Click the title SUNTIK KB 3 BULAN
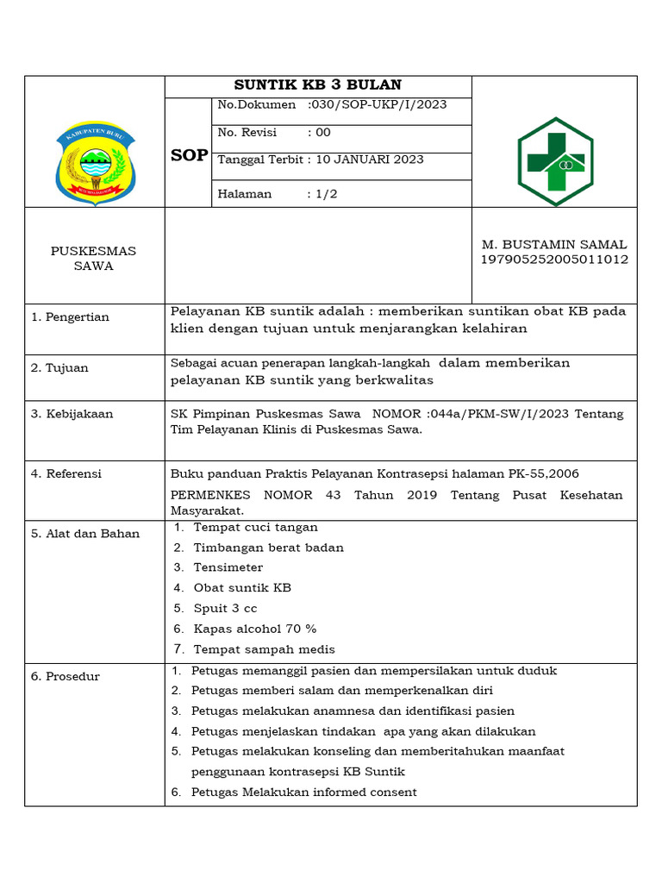pyautogui.click(x=318, y=85)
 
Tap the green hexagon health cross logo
pyautogui.click(x=555, y=161)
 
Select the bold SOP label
pyautogui.click(x=189, y=155)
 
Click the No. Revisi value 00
pyautogui.click(x=322, y=133)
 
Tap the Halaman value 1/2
pyautogui.click(x=326, y=194)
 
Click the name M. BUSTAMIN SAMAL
pyautogui.click(x=554, y=245)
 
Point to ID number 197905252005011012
pyautogui.click(x=554, y=260)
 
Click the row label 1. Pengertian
pyautogui.click(x=71, y=317)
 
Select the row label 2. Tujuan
pyautogui.click(x=59, y=368)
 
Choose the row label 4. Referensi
pyautogui.click(x=66, y=473)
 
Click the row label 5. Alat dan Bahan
pyautogui.click(x=85, y=534)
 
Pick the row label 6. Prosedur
pyautogui.click(x=66, y=676)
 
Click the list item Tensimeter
pyautogui.click(x=228, y=567)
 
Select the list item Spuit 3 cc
pyautogui.click(x=225, y=609)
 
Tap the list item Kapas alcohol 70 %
pyautogui.click(x=255, y=629)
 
